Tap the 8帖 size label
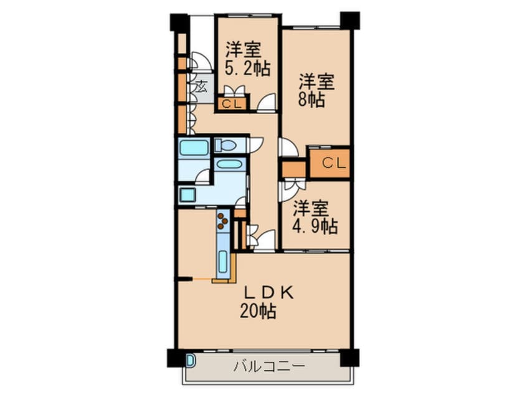[311, 100]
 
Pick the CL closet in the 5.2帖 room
[231, 104]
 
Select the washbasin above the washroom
[230, 165]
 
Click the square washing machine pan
[188, 194]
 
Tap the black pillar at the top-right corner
[349, 19]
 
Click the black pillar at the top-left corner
[179, 22]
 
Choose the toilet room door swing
[256, 144]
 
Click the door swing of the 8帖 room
[288, 148]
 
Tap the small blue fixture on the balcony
[190, 359]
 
